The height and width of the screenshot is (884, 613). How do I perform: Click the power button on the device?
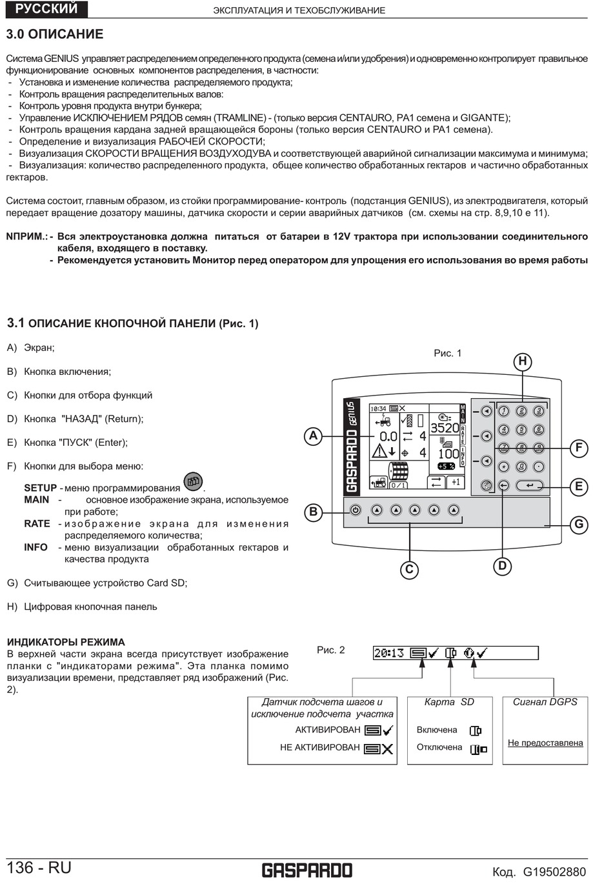coord(355,510)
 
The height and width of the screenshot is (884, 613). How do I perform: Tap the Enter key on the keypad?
coord(529,486)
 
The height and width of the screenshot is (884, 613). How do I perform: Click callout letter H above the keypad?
coord(523,362)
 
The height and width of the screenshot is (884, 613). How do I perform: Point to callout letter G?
coord(579,524)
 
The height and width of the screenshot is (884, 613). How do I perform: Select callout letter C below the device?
coord(409,569)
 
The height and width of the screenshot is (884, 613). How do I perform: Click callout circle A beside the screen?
coord(313,436)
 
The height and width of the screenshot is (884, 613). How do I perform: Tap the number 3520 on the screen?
coord(444,428)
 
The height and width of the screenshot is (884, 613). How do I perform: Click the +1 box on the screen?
coord(456,482)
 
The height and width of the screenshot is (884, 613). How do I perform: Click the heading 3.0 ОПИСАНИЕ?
coord(54,34)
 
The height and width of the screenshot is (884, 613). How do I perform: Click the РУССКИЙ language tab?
coord(46,9)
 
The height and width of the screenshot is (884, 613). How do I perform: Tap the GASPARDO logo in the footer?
coord(306,870)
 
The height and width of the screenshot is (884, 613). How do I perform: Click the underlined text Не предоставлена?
coord(545,743)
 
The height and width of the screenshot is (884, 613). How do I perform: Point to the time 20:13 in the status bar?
coord(389,653)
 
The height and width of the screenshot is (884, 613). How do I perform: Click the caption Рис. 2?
coord(331,650)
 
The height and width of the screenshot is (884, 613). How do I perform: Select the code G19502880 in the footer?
coord(554,872)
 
